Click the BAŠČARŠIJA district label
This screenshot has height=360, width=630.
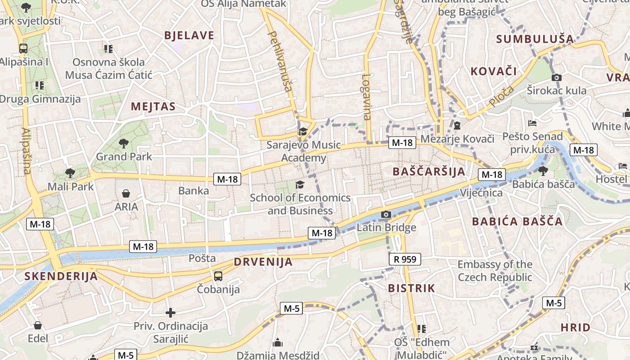[429, 171]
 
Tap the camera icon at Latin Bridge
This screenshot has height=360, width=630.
[386, 214]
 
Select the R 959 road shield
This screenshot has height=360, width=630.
[405, 259]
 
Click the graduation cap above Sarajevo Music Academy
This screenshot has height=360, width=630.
[303, 132]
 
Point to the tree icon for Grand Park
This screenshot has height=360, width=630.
[124, 144]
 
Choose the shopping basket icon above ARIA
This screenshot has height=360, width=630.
[126, 193]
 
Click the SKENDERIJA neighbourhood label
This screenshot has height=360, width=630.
[61, 276]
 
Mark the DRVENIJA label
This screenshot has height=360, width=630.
[263, 262]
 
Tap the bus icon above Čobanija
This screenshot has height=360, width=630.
[218, 276]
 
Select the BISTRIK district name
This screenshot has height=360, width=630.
[411, 288]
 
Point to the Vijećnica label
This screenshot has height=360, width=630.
[481, 193]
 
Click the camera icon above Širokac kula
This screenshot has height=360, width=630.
[557, 77]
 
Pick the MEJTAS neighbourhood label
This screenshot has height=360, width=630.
[153, 107]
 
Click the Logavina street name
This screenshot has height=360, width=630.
[366, 97]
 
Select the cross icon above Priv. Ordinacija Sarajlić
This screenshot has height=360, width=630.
[171, 312]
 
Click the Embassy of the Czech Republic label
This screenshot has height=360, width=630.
[495, 270]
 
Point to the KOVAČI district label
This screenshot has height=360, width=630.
[494, 71]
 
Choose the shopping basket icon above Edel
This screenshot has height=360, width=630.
[38, 325]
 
